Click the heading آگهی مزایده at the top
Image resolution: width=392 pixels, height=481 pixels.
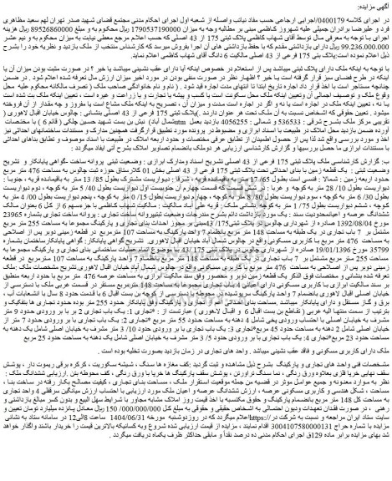pos(368,6)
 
